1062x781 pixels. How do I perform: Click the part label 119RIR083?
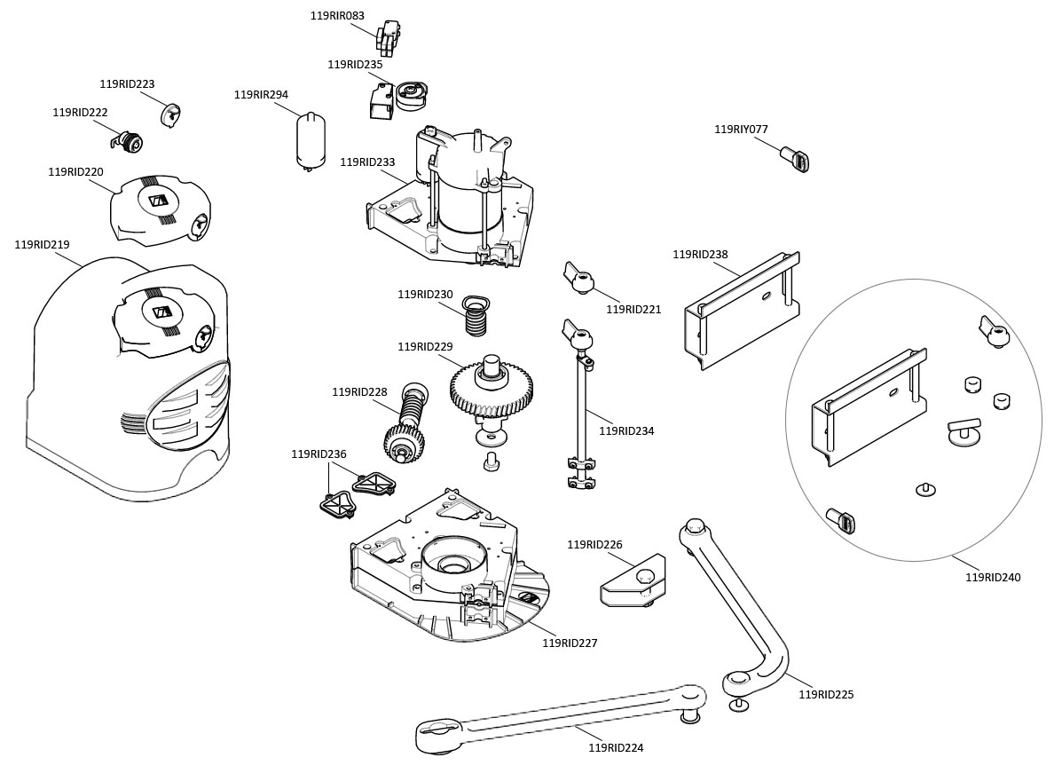(x=337, y=16)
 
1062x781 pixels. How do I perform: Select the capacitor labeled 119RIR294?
(x=310, y=139)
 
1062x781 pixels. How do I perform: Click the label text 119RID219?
(x=42, y=245)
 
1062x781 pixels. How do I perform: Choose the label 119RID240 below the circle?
(x=993, y=578)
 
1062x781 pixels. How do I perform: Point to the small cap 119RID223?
(x=170, y=114)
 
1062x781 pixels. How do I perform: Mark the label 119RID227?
(x=570, y=643)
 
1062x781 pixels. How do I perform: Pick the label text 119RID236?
(x=319, y=454)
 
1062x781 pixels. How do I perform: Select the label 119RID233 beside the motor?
(x=367, y=162)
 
